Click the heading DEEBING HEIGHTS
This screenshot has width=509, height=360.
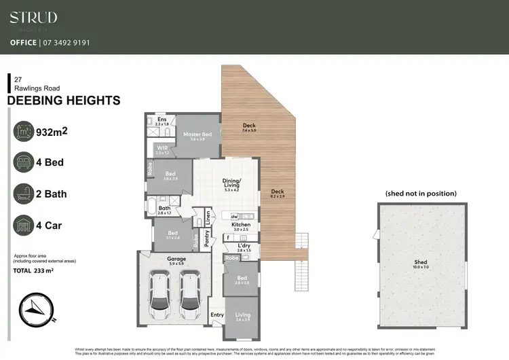click(x=63, y=101)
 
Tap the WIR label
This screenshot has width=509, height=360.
click(x=162, y=148)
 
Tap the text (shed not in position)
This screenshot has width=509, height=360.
click(x=421, y=194)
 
